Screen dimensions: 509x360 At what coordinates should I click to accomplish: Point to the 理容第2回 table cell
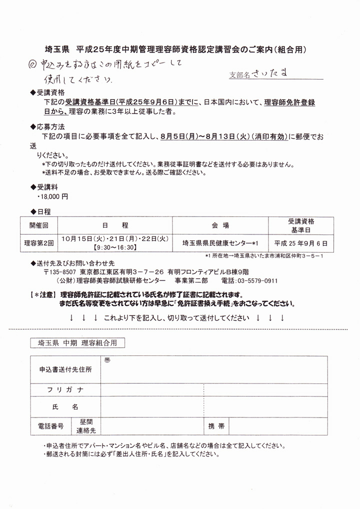[x=39, y=243]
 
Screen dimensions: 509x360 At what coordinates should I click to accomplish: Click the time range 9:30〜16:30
[x=115, y=247]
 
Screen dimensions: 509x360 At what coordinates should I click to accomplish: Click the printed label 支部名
[x=238, y=75]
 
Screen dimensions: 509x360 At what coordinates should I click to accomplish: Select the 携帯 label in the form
[x=216, y=426]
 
